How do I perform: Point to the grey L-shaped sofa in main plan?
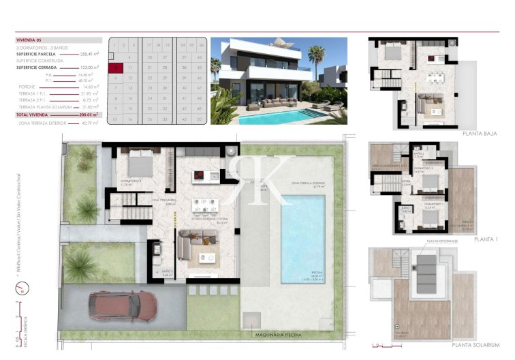[196, 243]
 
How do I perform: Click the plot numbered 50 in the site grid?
[200, 119]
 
